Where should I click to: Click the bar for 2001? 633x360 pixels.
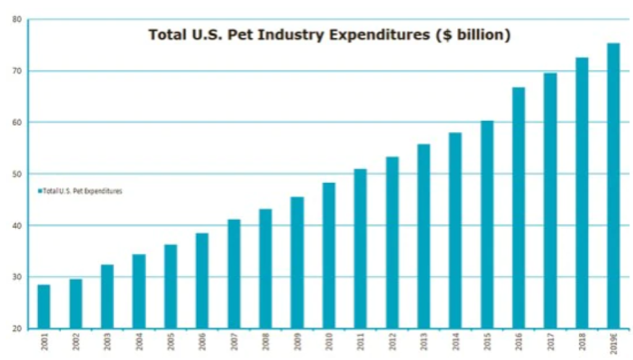click(44, 306)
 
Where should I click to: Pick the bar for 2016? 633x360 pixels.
click(519, 207)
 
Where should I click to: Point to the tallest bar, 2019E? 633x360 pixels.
click(613, 186)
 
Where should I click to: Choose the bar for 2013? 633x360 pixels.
click(423, 236)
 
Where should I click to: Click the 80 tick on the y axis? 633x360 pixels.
click(17, 20)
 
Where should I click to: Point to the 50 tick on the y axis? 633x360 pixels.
click(17, 174)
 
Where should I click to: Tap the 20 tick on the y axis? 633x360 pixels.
click(17, 328)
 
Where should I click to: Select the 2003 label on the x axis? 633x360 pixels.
click(108, 342)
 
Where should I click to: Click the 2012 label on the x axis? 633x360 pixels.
click(392, 342)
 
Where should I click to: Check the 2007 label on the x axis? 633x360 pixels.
click(234, 342)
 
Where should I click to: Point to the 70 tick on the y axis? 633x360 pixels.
click(17, 71)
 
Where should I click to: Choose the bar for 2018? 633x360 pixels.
click(582, 192)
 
